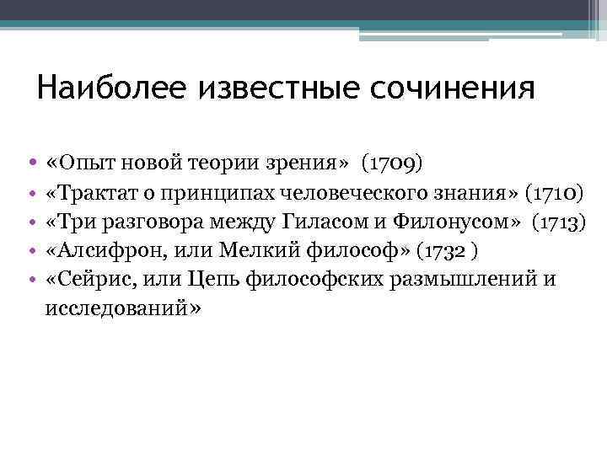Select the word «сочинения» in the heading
pos(457,87)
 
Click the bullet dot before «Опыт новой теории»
pos(30,161)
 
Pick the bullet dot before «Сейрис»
pos(30,281)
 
